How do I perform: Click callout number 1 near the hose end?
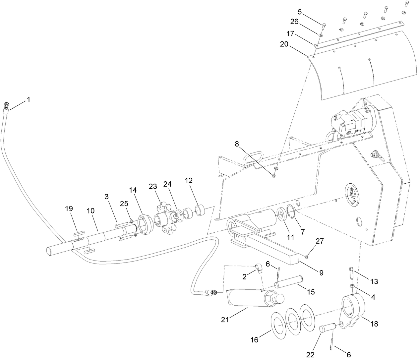pyautogui.click(x=29, y=99)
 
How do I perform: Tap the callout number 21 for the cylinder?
pyautogui.click(x=225, y=320)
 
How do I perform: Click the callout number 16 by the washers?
pyautogui.click(x=255, y=339)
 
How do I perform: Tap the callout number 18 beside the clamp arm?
pyautogui.click(x=374, y=324)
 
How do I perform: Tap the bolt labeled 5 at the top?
pyautogui.click(x=324, y=25)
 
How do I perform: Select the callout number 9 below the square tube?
pyautogui.click(x=321, y=272)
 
